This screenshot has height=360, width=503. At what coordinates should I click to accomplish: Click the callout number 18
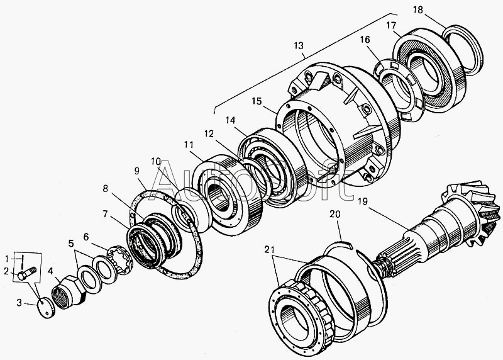tap(418, 10)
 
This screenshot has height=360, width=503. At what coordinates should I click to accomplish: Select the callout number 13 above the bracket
tap(298, 45)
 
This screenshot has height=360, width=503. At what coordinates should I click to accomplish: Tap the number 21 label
tap(270, 249)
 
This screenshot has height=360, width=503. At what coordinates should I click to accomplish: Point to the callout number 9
tap(137, 171)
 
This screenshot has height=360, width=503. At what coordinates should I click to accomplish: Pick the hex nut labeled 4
tap(69, 292)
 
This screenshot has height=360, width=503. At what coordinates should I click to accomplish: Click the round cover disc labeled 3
tap(46, 308)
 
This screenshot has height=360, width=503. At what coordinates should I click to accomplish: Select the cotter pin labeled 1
tap(22, 262)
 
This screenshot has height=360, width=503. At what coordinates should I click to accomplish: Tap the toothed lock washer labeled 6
tap(119, 259)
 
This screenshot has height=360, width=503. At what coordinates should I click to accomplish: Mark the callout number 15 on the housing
tap(257, 101)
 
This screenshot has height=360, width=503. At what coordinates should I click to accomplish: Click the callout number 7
tap(104, 213)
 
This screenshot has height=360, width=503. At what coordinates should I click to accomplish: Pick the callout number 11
tap(189, 145)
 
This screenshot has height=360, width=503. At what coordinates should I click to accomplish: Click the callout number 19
tap(363, 201)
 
